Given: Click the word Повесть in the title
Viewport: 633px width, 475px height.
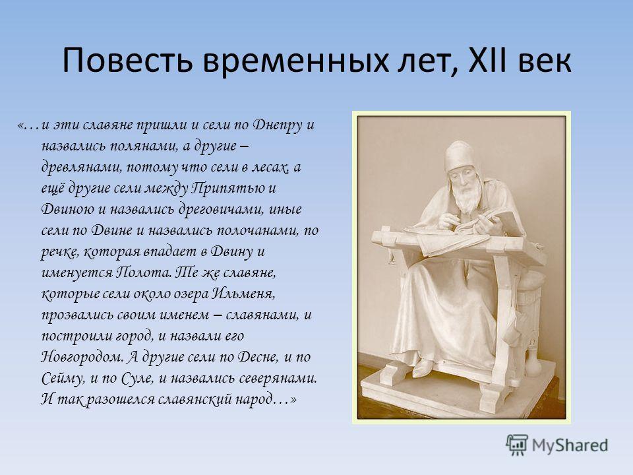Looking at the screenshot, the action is coord(127,60).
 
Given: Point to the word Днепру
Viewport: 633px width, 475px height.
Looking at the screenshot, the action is coord(278,125).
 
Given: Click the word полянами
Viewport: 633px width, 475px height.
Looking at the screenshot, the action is coord(144,146).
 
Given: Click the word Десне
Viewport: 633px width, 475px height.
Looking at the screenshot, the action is coord(258,357).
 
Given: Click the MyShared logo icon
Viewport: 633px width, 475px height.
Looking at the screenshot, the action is coord(517,445).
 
